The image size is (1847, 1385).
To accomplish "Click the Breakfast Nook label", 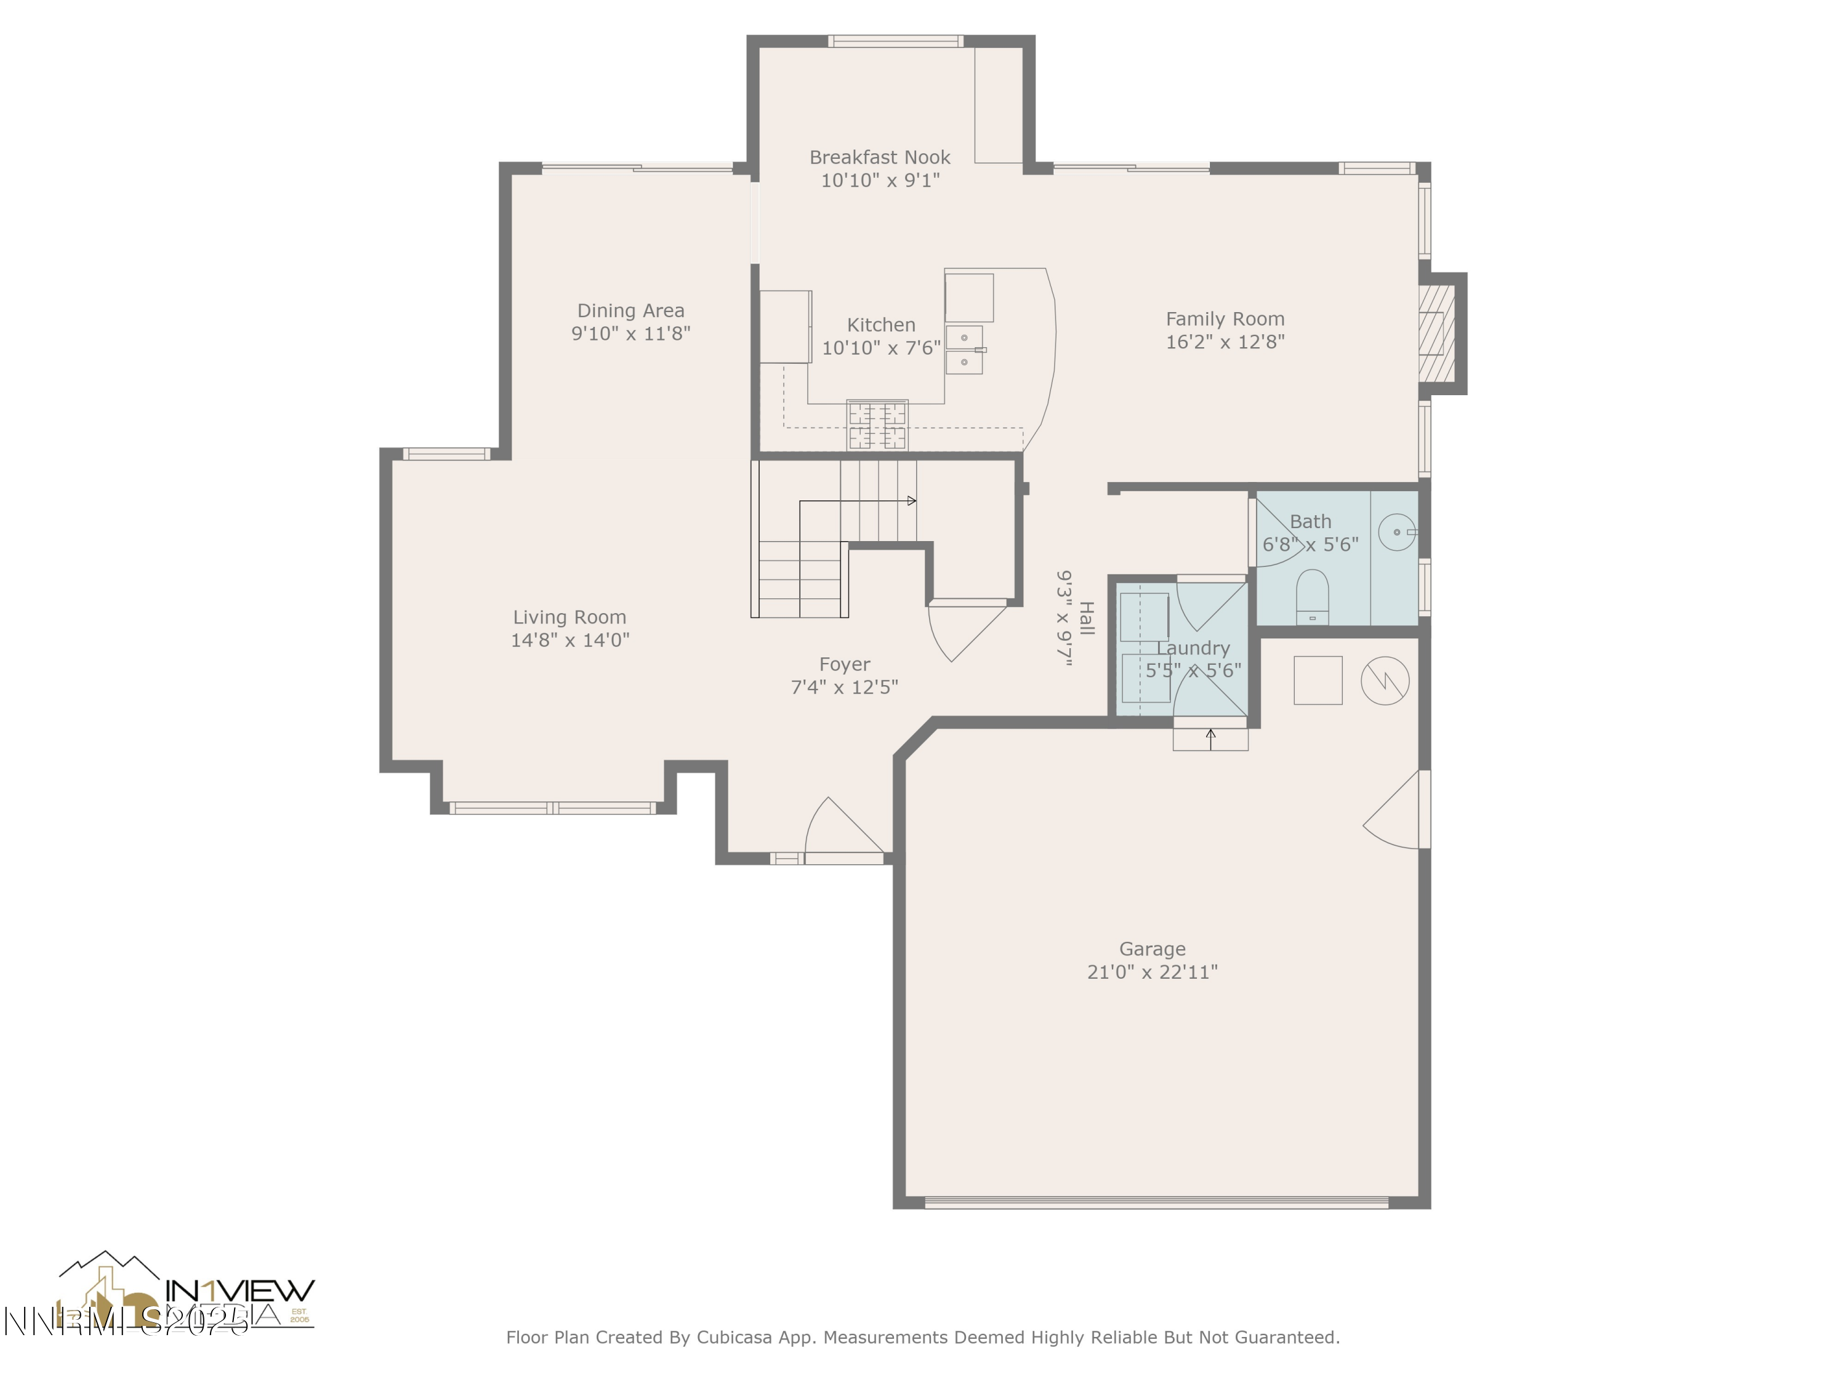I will [879, 157].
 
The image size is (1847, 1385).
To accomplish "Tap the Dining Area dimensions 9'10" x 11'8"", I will [630, 334].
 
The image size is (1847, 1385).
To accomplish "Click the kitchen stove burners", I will [877, 425].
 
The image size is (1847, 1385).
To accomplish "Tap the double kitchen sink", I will [964, 350].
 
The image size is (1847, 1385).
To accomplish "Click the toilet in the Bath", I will [1312, 595].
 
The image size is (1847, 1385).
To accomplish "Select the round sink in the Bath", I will [1396, 532].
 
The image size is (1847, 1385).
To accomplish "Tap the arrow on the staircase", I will [911, 501].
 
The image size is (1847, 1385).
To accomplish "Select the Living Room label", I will [569, 617].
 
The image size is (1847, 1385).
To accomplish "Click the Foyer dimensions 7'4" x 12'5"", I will [843, 687].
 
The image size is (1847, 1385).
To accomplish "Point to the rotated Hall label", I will [1086, 618].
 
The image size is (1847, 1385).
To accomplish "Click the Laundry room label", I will [1193, 648].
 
